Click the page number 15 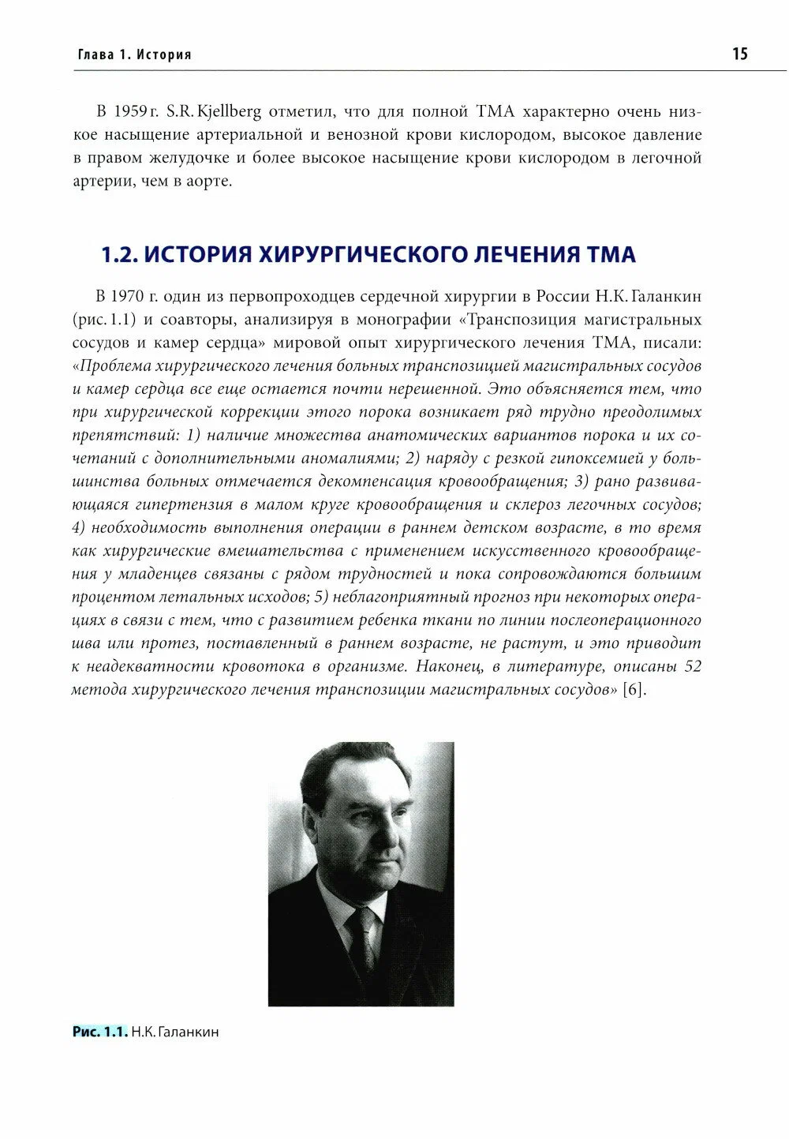pyautogui.click(x=739, y=54)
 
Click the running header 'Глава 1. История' pyautogui.click(x=135, y=55)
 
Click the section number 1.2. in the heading pyautogui.click(x=120, y=255)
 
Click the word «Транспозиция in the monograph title pyautogui.click(x=514, y=320)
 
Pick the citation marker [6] pyautogui.click(x=634, y=690)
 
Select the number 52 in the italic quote pyautogui.click(x=692, y=667)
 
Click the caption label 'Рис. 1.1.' pyautogui.click(x=99, y=1032)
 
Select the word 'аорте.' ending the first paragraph pyautogui.click(x=208, y=181)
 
